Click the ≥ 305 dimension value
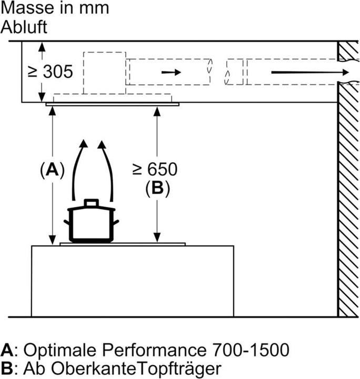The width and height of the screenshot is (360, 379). pyautogui.click(x=50, y=72)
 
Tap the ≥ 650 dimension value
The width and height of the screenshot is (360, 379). pyautogui.click(x=155, y=169)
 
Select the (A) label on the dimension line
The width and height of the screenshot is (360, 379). pyautogui.click(x=53, y=171)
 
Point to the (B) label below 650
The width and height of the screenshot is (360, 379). pyautogui.click(x=157, y=188)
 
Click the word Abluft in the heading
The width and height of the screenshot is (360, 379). pyautogui.click(x=24, y=27)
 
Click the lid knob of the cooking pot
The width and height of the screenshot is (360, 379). pyautogui.click(x=92, y=203)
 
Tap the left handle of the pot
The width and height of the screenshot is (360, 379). pyautogui.click(x=67, y=222)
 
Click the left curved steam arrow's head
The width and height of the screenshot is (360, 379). pyautogui.click(x=84, y=143)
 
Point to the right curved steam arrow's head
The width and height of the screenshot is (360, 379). pyautogui.click(x=102, y=144)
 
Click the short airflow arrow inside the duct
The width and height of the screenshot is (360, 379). pyautogui.click(x=171, y=72)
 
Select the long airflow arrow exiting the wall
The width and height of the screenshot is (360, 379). pyautogui.click(x=310, y=72)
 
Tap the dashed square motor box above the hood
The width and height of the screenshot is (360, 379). pyautogui.click(x=105, y=73)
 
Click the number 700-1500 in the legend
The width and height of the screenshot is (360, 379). pyautogui.click(x=251, y=350)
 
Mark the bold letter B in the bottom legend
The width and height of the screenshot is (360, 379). pyautogui.click(x=6, y=368)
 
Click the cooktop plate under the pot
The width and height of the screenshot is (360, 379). pyautogui.click(x=123, y=244)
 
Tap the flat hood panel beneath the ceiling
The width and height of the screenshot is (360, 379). pyautogui.click(x=112, y=104)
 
